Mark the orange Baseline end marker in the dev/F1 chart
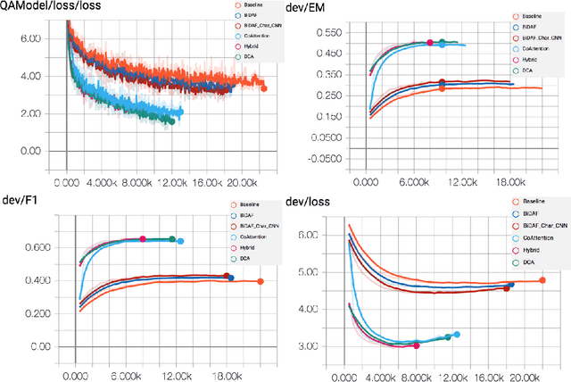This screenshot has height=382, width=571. click(x=260, y=281)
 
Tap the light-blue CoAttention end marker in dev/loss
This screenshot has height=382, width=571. click(x=457, y=335)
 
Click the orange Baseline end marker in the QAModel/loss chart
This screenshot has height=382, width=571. click(x=263, y=87)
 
